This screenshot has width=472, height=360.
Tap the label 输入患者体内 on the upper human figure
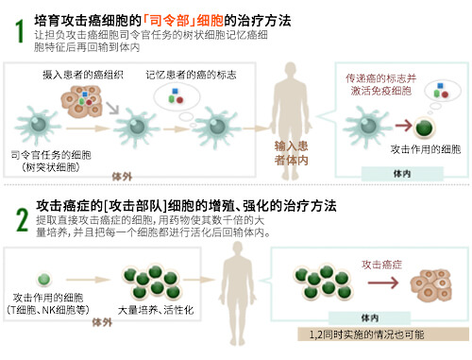pos(293,152)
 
